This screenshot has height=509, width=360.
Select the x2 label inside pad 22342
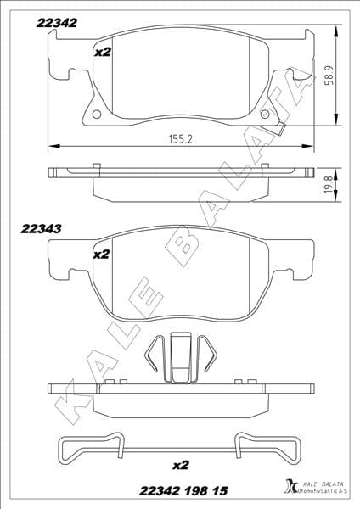pos(102,52)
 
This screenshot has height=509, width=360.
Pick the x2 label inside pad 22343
pos(102,254)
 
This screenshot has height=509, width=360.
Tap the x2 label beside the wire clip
pos(179,465)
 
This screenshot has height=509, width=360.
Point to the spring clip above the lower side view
pos(179,357)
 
